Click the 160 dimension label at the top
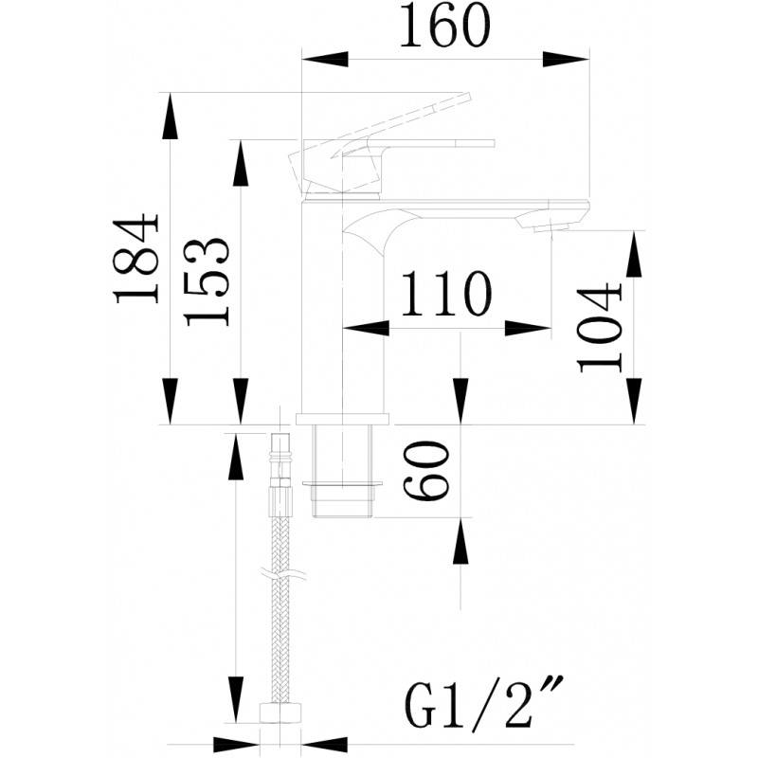tap(445, 26)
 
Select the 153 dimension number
tap(206, 281)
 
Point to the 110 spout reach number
tap(445, 294)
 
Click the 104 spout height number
tap(600, 329)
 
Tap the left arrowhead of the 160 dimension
tap(325, 59)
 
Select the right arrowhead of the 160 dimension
tap(566, 59)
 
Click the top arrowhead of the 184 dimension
tap(170, 116)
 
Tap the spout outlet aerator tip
tap(552, 226)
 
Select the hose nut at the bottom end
tap(280, 713)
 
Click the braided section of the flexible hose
tap(280, 610)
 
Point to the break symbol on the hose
tap(282, 575)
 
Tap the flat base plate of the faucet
tap(343, 419)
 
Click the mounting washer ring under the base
tap(343, 483)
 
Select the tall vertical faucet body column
tap(343, 307)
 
